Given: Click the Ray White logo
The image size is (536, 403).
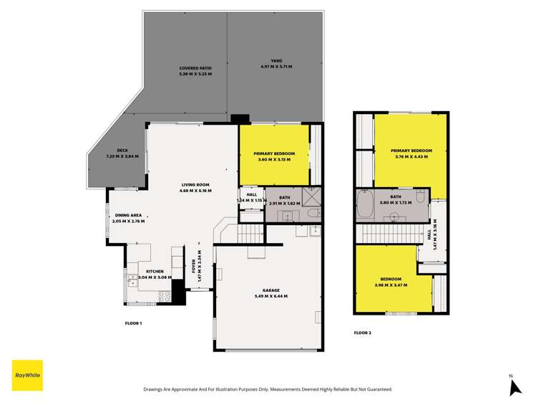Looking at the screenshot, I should click(27, 375).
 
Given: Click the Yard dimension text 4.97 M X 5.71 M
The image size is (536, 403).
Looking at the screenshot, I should click(276, 67).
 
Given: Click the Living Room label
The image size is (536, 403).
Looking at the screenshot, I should click(194, 185).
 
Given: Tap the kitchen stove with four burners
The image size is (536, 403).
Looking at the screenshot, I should click(162, 294).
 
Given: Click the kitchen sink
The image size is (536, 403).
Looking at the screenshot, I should click(132, 280).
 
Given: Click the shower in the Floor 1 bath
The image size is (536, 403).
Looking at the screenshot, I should click(311, 195).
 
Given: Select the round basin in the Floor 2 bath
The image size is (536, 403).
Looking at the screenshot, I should click(394, 214).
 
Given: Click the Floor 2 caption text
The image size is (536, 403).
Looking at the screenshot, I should click(363, 333).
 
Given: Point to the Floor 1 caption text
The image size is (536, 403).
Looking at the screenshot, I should click(134, 323).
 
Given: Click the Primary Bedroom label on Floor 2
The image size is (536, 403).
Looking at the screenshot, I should click(409, 151).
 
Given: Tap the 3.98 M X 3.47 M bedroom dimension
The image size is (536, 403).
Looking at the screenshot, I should click(391, 285).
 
